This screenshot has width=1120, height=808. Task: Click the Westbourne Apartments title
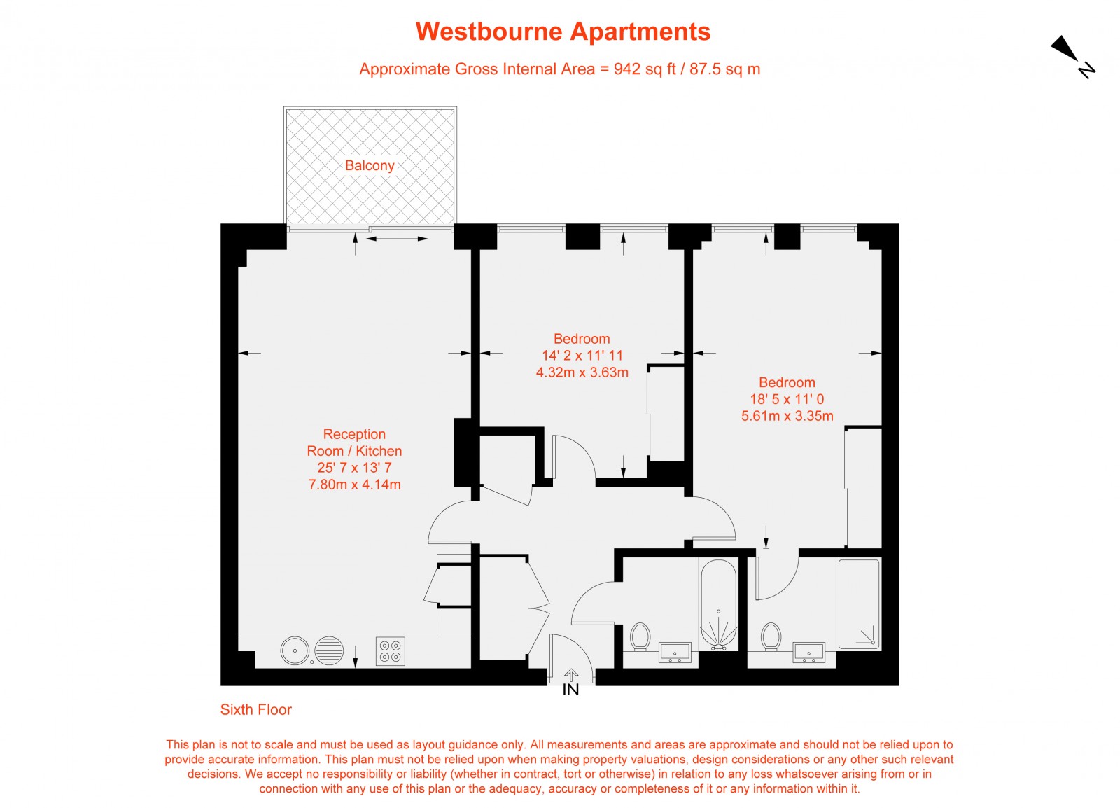point(563,32)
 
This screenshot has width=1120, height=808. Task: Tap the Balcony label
point(370,166)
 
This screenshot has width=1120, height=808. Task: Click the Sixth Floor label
point(255,710)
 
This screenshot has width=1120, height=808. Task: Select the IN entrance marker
point(570,690)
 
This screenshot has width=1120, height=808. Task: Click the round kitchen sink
point(295,650)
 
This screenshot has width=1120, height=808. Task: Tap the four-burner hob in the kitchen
point(391,650)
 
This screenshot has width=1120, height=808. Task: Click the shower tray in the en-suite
point(859,603)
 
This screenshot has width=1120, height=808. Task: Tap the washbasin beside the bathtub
point(675,653)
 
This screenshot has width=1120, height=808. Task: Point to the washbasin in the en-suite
point(809,653)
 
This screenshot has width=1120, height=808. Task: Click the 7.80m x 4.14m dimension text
point(355,485)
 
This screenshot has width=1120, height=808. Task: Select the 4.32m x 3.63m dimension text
point(582,372)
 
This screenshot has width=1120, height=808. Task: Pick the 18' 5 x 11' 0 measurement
point(787,399)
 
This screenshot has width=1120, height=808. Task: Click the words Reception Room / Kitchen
point(354,443)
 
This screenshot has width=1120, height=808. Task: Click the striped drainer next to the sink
point(329,650)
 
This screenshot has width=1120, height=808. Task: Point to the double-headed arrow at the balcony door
point(397,239)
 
